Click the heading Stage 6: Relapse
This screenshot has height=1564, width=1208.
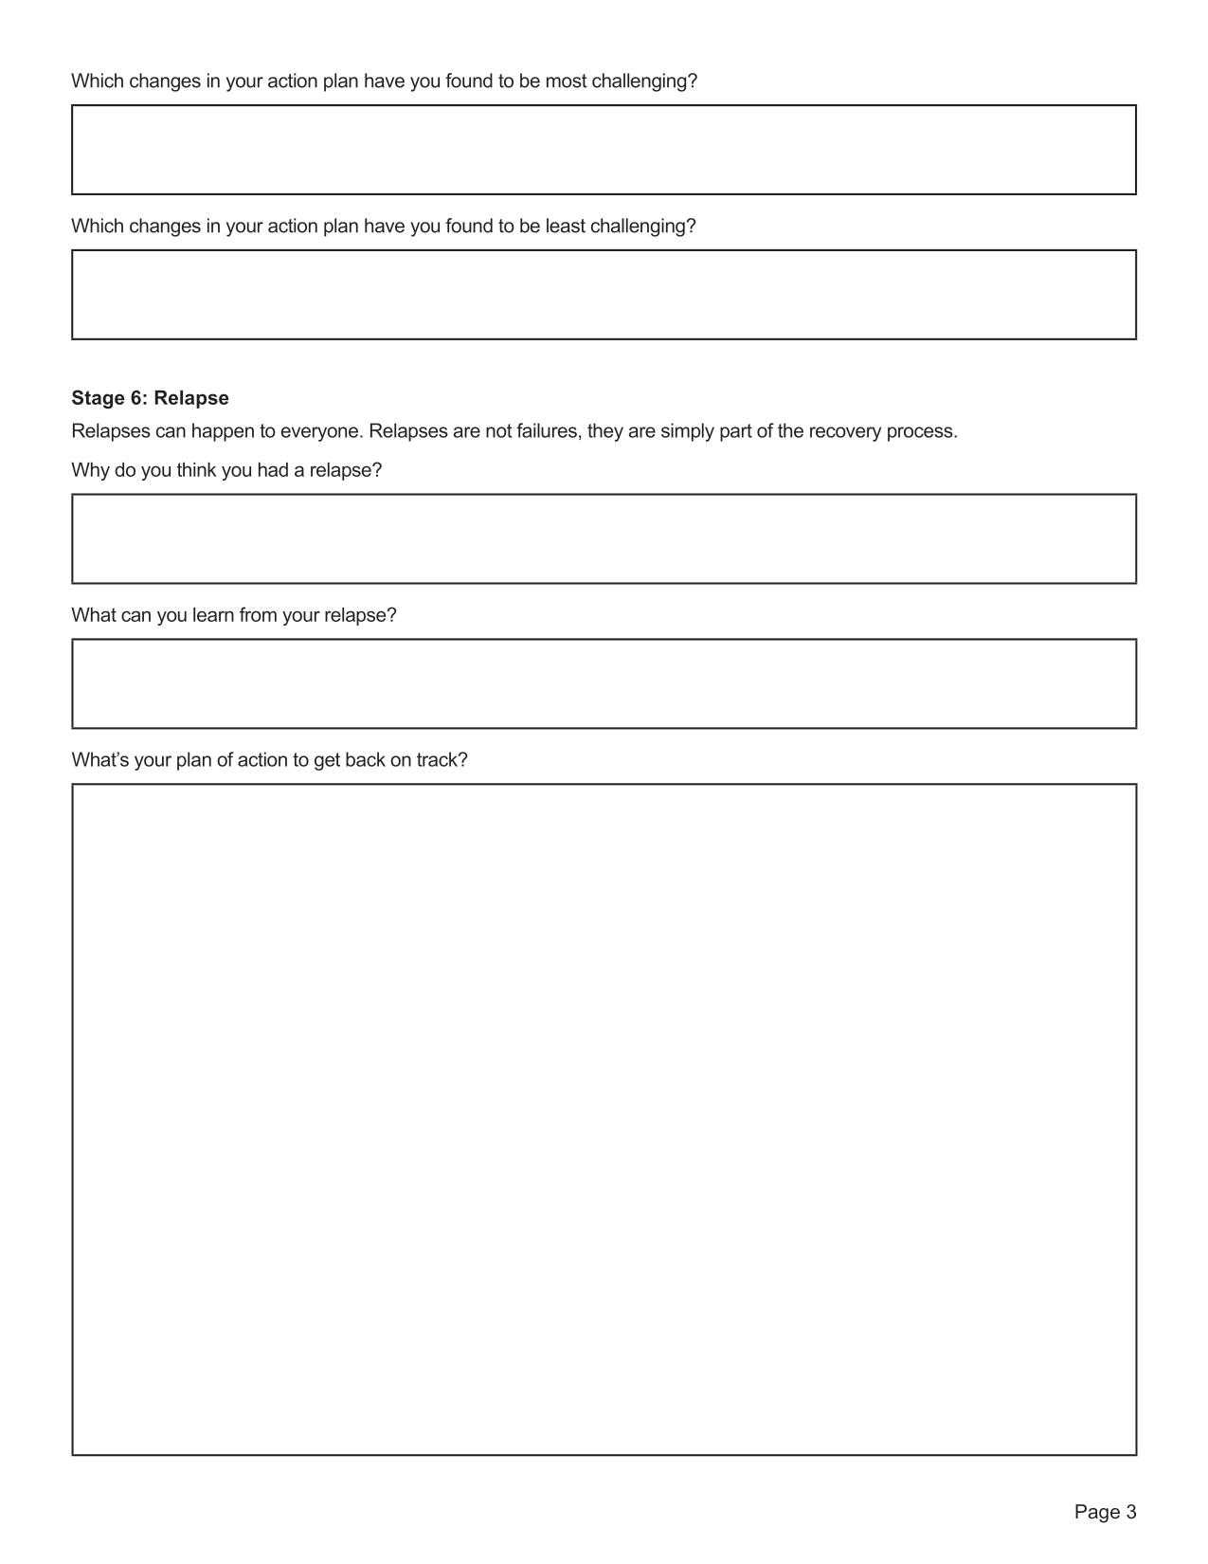click(x=150, y=398)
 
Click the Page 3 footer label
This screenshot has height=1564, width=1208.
click(x=1104, y=1512)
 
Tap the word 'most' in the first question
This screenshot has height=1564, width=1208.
click(x=566, y=82)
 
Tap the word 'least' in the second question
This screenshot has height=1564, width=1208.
click(x=565, y=227)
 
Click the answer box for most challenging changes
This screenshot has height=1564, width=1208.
click(x=604, y=150)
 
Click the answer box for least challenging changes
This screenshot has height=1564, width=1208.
click(x=604, y=295)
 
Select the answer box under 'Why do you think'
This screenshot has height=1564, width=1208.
click(x=604, y=538)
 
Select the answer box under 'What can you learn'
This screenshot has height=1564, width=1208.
click(x=604, y=683)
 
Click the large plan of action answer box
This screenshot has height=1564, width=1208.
click(x=604, y=1118)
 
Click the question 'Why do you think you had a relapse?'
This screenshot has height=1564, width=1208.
click(x=226, y=470)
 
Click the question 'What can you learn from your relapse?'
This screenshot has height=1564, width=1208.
click(x=234, y=615)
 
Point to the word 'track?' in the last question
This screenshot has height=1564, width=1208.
click(x=442, y=760)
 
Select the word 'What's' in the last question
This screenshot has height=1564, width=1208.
click(x=99, y=760)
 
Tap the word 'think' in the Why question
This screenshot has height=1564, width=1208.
click(x=196, y=470)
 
